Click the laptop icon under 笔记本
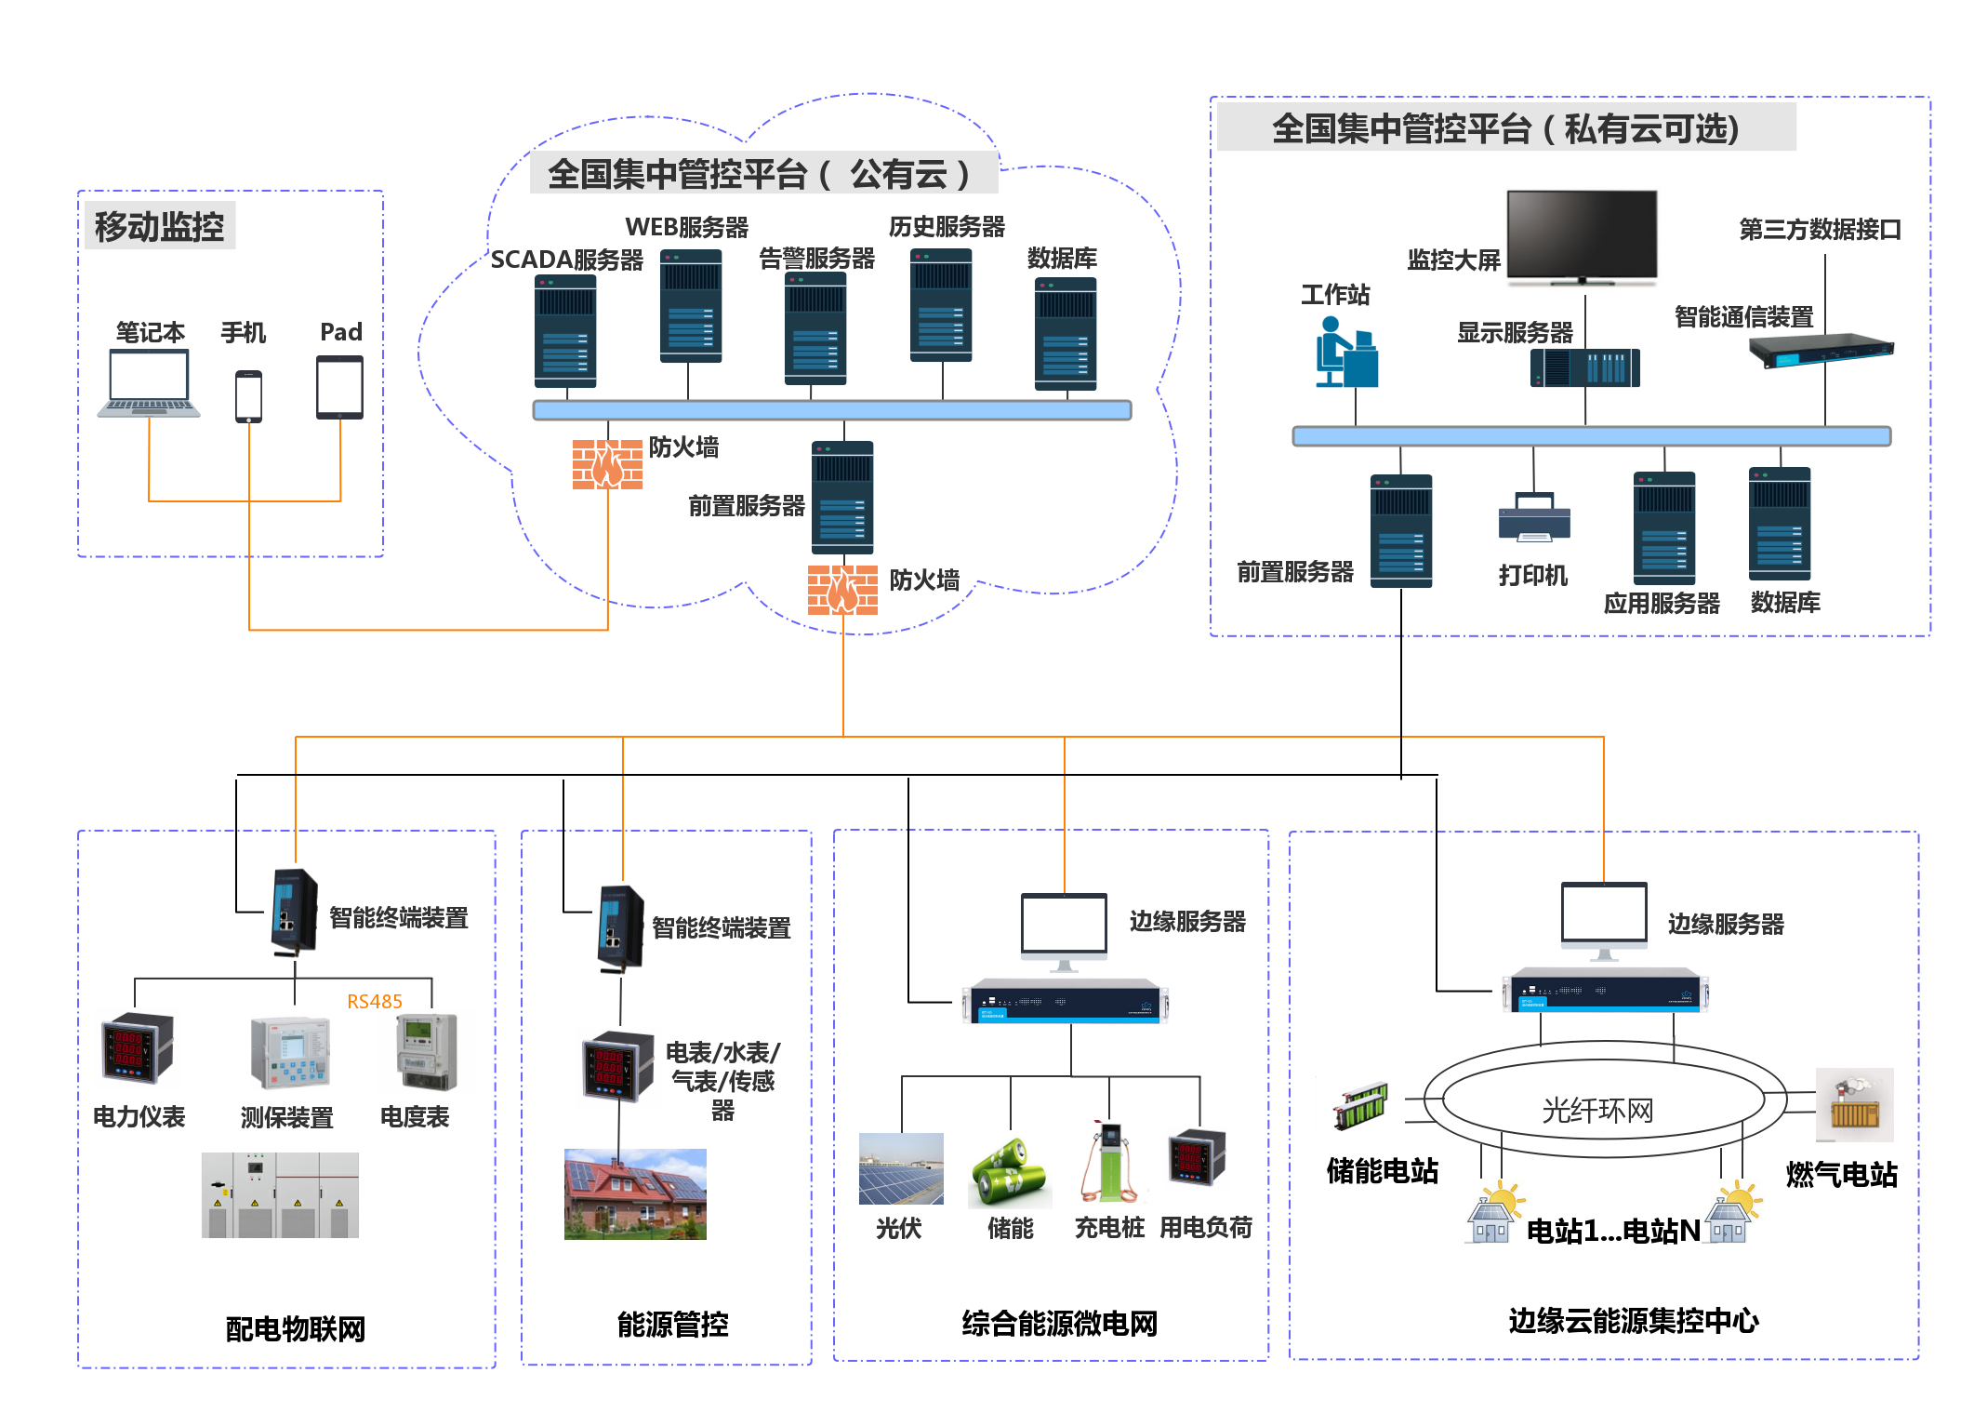click(x=149, y=383)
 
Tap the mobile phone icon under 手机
click(x=248, y=396)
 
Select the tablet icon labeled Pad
click(x=339, y=388)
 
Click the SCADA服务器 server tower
click(x=565, y=331)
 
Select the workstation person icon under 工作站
click(x=1345, y=353)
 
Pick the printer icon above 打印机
click(x=1534, y=517)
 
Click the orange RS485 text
click(x=375, y=1002)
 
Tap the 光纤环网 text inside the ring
click(x=1597, y=1110)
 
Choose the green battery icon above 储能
click(x=1009, y=1172)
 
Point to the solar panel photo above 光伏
click(x=901, y=1169)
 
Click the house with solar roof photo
click(x=635, y=1194)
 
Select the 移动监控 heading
click(x=159, y=226)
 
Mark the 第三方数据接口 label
click(x=1820, y=229)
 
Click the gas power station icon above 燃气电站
click(x=1854, y=1105)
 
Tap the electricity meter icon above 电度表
click(x=427, y=1052)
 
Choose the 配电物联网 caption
click(x=296, y=1329)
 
